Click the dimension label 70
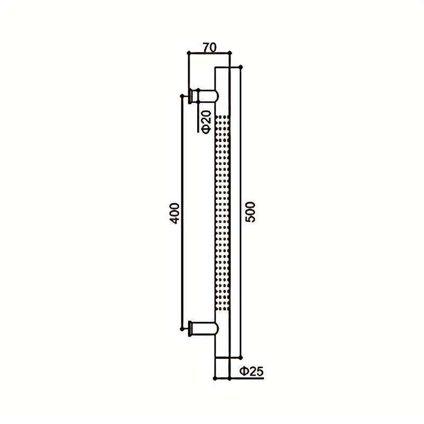(210, 48)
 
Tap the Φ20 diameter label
(206, 122)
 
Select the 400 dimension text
(174, 213)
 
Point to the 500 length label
(250, 212)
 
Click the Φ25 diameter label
(251, 372)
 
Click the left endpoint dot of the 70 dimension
(189, 52)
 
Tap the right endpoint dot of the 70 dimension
(230, 52)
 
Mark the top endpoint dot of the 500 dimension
(241, 67)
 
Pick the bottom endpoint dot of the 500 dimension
(241, 358)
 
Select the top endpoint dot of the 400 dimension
(182, 96)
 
